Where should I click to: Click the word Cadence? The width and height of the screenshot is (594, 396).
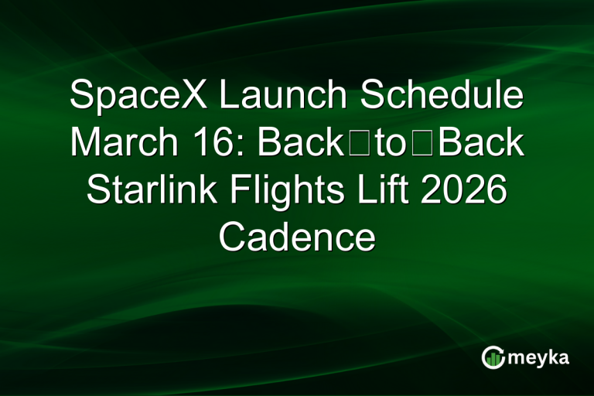[x=297, y=237]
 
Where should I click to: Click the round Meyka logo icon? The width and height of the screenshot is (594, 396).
[x=493, y=357]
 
